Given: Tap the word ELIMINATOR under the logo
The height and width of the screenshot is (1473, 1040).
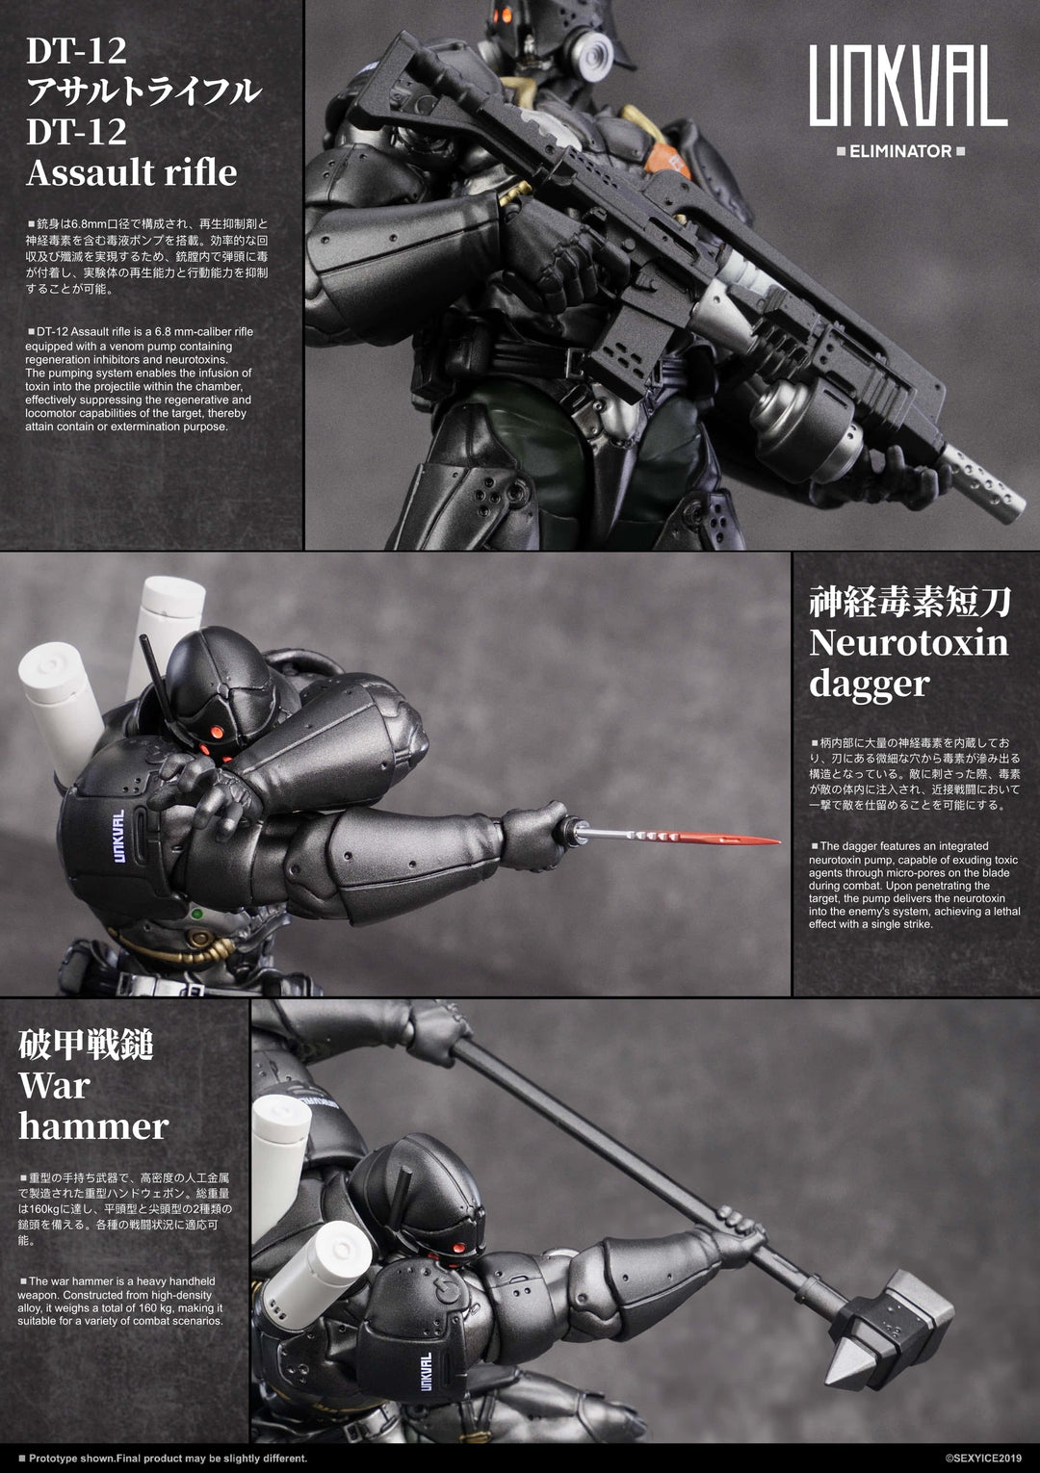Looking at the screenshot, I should click(x=900, y=151).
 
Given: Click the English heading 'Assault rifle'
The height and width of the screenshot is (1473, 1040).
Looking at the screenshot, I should click(x=132, y=172).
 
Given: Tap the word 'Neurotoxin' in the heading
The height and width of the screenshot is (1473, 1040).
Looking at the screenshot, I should click(x=908, y=642).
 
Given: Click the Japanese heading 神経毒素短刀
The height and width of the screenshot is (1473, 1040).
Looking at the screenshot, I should click(x=909, y=602).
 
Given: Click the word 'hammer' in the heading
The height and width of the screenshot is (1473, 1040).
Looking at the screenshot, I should click(x=93, y=1125).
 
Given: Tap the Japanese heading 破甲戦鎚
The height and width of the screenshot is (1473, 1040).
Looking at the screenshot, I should click(x=86, y=1044).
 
